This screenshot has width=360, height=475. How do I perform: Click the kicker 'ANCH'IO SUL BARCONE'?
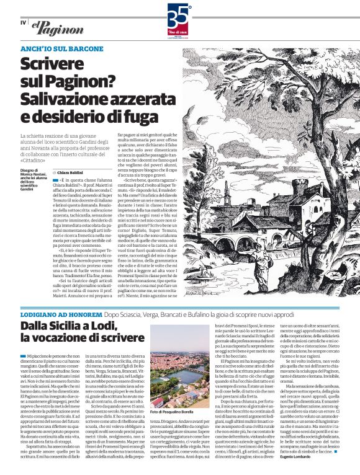pos(61,48)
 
